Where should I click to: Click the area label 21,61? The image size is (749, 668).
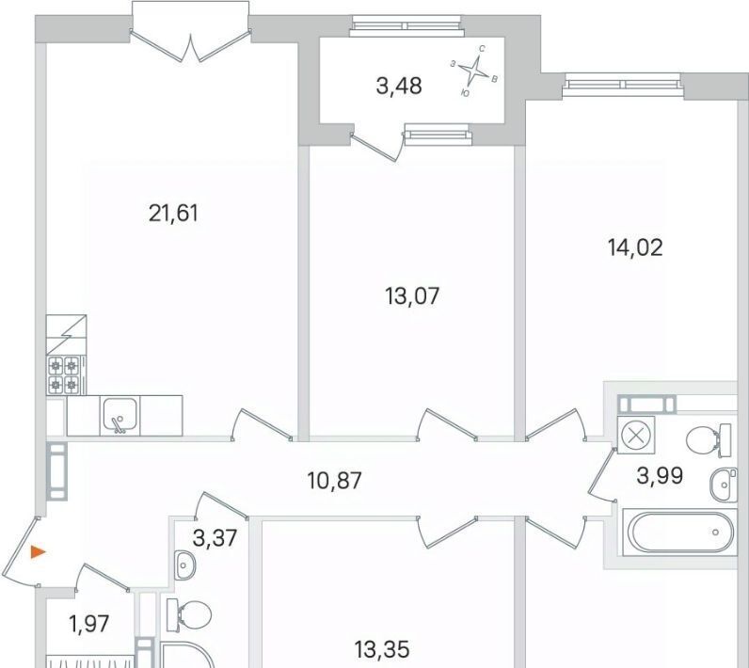[173, 213]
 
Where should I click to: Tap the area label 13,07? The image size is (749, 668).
[412, 296]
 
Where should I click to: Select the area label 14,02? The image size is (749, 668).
[635, 247]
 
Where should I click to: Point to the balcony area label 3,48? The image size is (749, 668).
[399, 87]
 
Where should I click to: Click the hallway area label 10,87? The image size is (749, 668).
[335, 481]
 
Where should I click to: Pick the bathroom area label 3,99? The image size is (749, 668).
[661, 475]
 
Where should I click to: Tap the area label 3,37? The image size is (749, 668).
[215, 538]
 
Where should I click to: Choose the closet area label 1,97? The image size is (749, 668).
[89, 624]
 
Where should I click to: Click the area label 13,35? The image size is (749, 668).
[382, 649]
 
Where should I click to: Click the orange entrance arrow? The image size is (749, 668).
[38, 552]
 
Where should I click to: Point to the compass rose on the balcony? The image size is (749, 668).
[474, 72]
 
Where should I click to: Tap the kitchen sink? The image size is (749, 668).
[120, 416]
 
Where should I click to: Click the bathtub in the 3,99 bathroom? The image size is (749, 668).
[679, 532]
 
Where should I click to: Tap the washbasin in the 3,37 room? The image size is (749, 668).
[182, 565]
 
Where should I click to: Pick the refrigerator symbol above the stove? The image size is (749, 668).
[67, 335]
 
